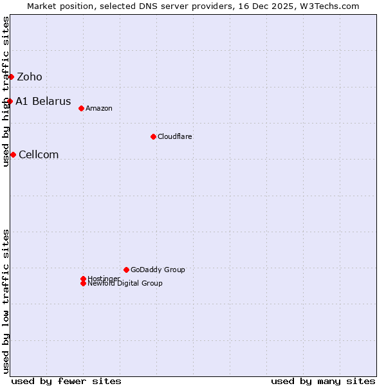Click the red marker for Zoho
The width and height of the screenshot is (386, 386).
tap(11, 77)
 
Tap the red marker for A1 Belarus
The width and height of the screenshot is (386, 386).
tap(10, 101)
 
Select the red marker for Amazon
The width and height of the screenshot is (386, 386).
tap(81, 108)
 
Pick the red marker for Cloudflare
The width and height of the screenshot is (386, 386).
tap(153, 136)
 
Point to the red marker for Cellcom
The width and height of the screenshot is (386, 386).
tap(13, 154)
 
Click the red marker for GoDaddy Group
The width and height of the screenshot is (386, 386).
tap(126, 270)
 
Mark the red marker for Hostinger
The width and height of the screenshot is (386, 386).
tap(83, 279)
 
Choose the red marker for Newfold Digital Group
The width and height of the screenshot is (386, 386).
tap(83, 284)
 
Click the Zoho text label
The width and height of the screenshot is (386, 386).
tap(30, 77)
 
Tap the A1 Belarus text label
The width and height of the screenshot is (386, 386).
tap(43, 102)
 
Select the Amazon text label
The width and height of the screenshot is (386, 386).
tap(99, 108)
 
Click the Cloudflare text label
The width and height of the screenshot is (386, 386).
tap(175, 136)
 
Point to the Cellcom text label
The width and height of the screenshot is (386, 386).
tap(39, 154)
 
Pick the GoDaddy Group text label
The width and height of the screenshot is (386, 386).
tap(158, 270)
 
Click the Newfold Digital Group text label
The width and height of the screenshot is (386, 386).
tap(125, 284)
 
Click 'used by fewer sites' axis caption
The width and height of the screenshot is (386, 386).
tap(66, 381)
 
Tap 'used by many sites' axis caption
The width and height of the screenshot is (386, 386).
tap(323, 381)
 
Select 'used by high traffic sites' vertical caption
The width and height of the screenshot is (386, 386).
tap(6, 91)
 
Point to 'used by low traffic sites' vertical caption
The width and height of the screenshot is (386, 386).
tap(6, 301)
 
